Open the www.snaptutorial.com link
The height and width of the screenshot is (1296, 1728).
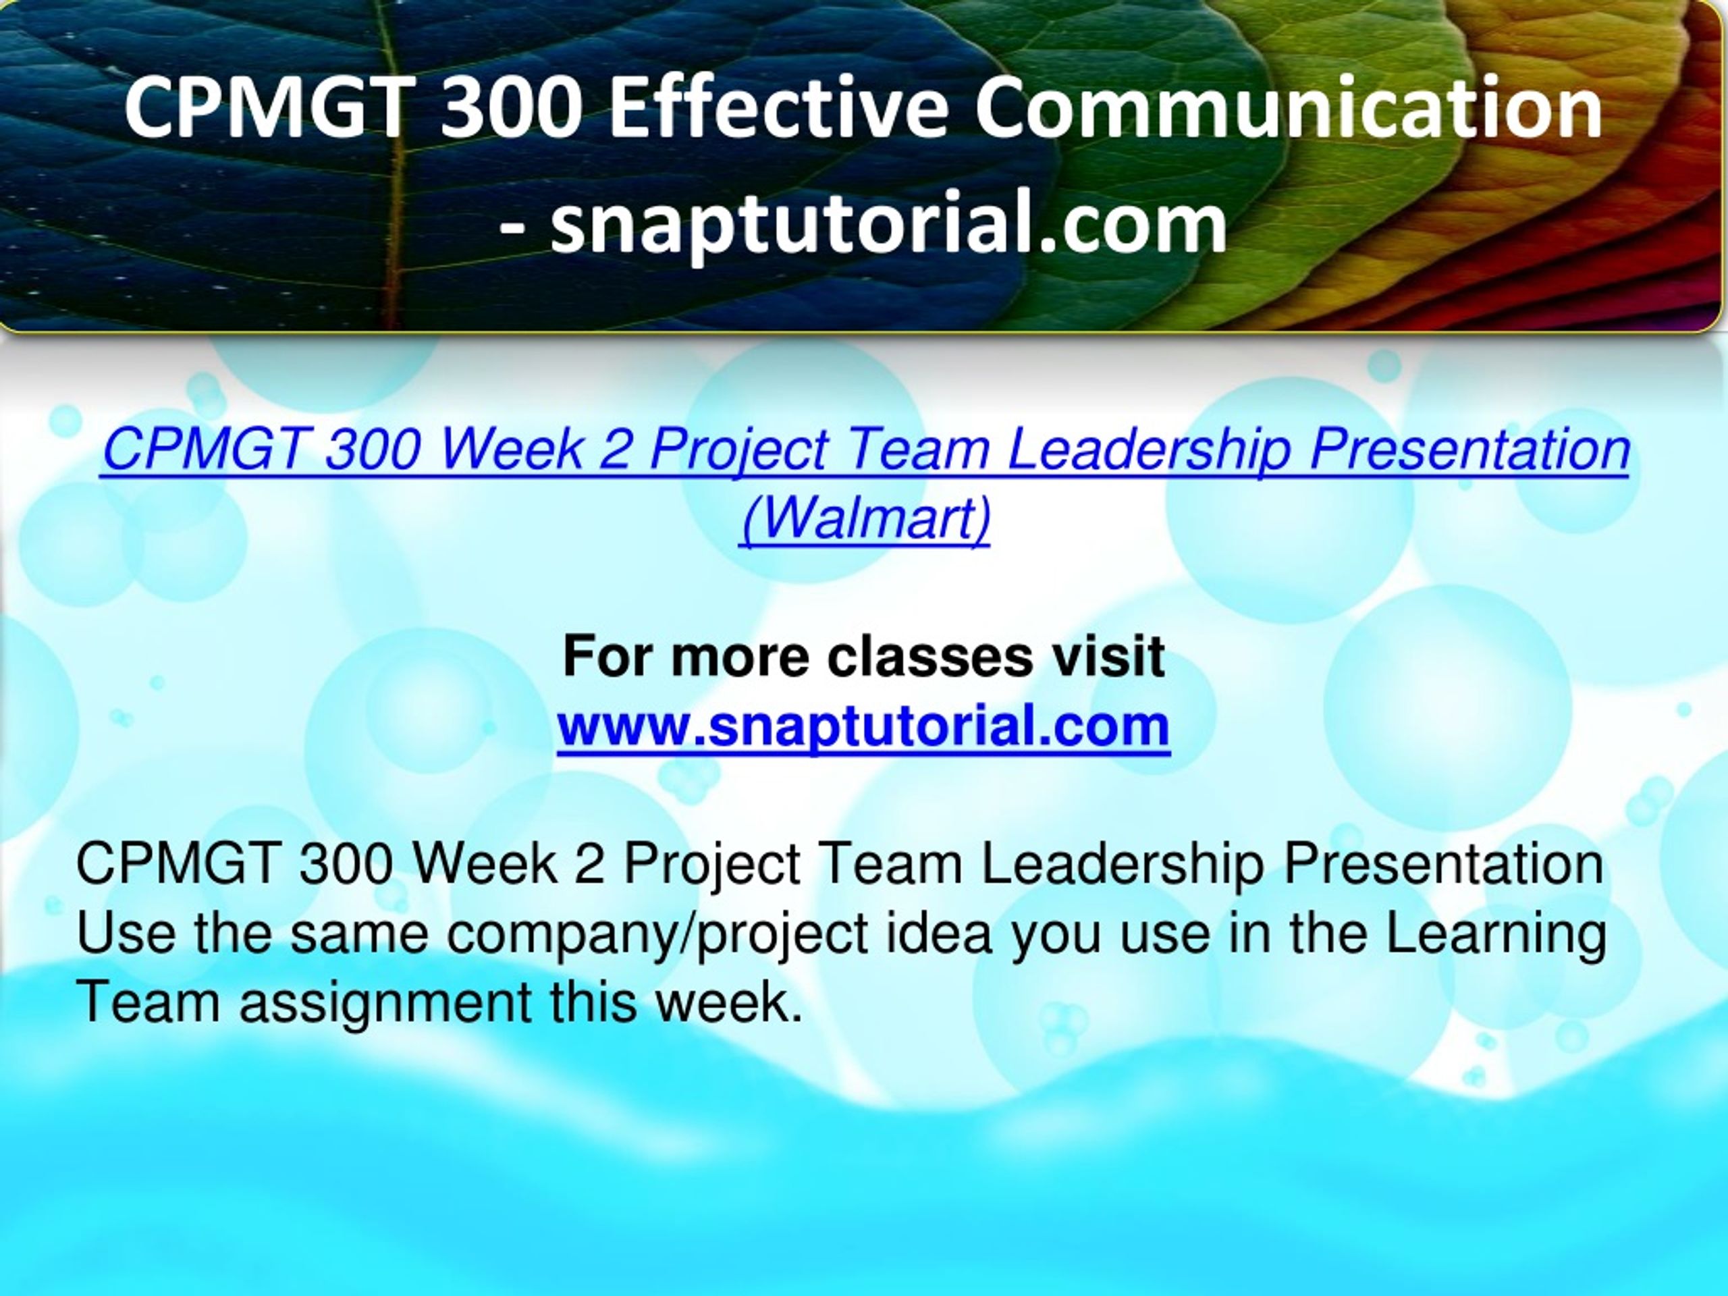pyautogui.click(x=863, y=726)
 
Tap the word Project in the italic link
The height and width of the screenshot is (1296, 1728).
pyautogui.click(x=738, y=452)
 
